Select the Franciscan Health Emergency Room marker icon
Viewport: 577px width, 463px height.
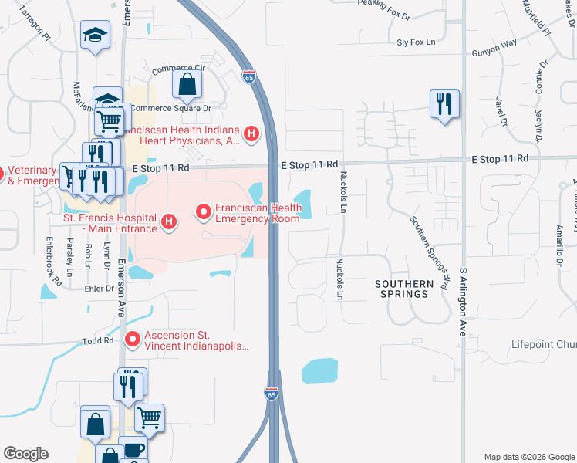(204, 210)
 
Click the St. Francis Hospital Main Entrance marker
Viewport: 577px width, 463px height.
(169, 224)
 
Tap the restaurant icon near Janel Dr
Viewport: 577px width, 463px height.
(444, 104)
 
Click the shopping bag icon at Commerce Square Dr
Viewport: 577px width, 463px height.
(187, 84)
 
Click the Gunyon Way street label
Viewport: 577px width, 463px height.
(494, 54)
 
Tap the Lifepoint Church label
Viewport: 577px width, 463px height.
(543, 344)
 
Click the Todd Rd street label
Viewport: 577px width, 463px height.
(98, 340)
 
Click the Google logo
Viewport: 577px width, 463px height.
(25, 454)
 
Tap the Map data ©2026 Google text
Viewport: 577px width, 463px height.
(529, 456)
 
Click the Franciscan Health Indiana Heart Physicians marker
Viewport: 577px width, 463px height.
(251, 134)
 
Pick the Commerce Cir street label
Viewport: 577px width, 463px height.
(179, 69)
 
